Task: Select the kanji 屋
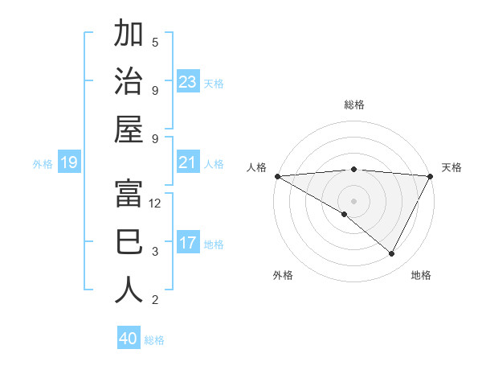tap(129, 130)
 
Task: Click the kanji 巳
tap(129, 242)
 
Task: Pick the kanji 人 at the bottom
tap(129, 290)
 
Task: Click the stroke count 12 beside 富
tap(156, 203)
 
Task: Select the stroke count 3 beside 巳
tap(155, 252)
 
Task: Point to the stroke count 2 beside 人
tap(155, 300)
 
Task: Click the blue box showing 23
tap(187, 82)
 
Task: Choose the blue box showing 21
tap(187, 163)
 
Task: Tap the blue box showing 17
tap(187, 243)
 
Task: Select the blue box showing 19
tap(68, 163)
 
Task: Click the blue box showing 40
tap(129, 339)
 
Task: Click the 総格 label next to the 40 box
tap(154, 340)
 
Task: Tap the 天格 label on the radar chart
tap(451, 167)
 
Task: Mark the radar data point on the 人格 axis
tap(277, 175)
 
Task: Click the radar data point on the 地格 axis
tap(392, 254)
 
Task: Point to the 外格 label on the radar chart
tap(283, 276)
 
